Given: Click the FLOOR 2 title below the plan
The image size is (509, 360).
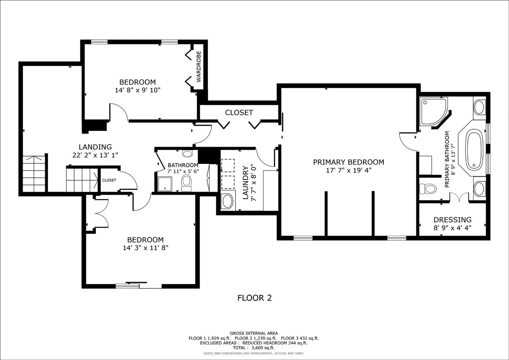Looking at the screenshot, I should pyautogui.click(x=254, y=298).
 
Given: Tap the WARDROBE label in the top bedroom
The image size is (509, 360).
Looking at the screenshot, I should pyautogui.click(x=199, y=66).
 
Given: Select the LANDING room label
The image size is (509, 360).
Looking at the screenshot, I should pyautogui.click(x=95, y=147).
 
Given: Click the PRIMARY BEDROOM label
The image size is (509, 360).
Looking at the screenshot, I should pyautogui.click(x=348, y=162).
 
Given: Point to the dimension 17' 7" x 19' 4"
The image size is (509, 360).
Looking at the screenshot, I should pyautogui.click(x=348, y=170).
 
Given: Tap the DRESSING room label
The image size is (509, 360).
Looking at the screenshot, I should pyautogui.click(x=452, y=220).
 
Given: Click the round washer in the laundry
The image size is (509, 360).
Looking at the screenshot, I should pyautogui.click(x=227, y=201).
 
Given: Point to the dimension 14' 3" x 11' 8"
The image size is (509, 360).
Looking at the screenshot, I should pyautogui.click(x=145, y=248).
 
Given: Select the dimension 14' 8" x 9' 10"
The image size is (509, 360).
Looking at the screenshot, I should pyautogui.click(x=138, y=90).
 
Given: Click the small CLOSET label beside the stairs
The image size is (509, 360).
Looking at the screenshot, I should pyautogui.click(x=109, y=180).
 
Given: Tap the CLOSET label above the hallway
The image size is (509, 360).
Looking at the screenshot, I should pyautogui.click(x=239, y=113).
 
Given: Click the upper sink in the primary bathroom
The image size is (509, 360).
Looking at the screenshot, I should pyautogui.click(x=479, y=107).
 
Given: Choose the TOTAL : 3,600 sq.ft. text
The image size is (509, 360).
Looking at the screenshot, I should pyautogui.click(x=254, y=348).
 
